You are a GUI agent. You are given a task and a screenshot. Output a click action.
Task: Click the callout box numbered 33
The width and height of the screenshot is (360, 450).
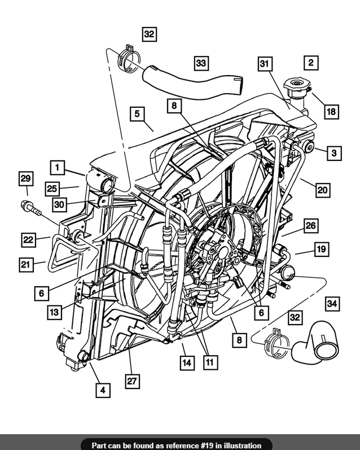[201, 63]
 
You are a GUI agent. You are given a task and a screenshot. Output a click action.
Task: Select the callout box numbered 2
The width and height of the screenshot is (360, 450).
[311, 62]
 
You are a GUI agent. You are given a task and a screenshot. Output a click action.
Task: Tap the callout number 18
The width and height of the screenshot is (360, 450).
[331, 112]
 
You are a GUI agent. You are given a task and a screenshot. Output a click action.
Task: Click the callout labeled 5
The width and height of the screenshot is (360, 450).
[137, 113]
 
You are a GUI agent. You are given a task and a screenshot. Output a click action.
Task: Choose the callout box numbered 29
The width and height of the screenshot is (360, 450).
[25, 179]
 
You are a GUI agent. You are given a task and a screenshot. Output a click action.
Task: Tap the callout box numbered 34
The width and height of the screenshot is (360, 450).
[332, 304]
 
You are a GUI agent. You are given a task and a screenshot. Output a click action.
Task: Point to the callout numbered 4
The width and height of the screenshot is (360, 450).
[103, 389]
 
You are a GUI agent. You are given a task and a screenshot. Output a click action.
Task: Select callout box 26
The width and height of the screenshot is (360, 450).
[310, 226]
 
